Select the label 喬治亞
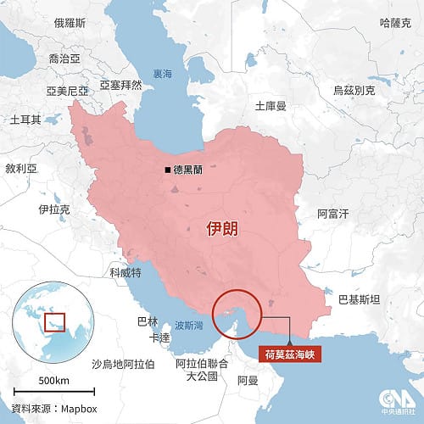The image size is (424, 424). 64,59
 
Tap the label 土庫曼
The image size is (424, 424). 271,106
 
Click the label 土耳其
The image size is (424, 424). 25,120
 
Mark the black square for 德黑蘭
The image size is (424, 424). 168,170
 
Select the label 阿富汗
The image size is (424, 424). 332,215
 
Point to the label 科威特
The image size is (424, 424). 126,273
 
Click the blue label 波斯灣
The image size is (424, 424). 187,325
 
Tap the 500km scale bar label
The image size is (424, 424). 53,380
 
